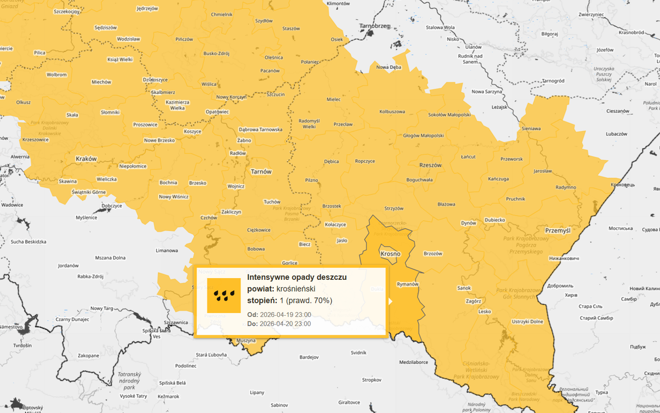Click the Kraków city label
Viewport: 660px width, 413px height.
86,158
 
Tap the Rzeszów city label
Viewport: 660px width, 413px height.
430,165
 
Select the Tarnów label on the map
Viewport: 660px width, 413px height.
261,171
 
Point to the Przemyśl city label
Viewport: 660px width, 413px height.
558,231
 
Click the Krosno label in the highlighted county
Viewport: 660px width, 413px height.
390,254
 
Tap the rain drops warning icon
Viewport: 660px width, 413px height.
223,295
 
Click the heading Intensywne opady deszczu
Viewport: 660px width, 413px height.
296,277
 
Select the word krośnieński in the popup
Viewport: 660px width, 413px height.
296,288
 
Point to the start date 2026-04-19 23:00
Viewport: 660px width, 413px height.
285,315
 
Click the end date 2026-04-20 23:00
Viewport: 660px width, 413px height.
285,324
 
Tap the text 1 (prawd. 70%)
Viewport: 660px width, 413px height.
306,301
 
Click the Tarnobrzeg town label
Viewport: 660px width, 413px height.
375,26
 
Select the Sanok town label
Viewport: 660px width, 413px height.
464,288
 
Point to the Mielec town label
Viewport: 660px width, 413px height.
333,99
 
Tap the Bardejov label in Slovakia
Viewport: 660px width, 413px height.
309,357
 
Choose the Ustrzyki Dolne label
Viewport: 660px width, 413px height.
527,321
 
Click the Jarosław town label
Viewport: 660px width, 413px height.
542,171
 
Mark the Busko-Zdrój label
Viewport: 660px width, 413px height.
217,53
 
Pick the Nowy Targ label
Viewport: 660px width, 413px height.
101,308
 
